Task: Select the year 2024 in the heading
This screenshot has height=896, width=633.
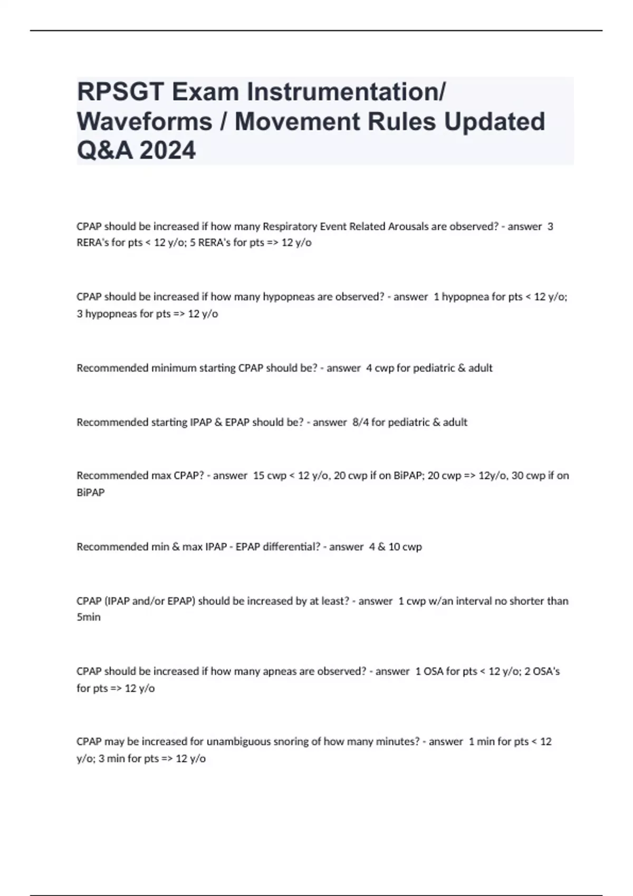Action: pos(168,150)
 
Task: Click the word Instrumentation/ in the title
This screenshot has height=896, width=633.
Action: pos(347,92)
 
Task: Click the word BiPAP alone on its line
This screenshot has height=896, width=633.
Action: pos(91,493)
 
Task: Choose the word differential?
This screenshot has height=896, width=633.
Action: pos(291,547)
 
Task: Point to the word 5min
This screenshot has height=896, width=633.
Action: pos(89,617)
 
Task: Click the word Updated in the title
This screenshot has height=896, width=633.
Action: pos(494,121)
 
